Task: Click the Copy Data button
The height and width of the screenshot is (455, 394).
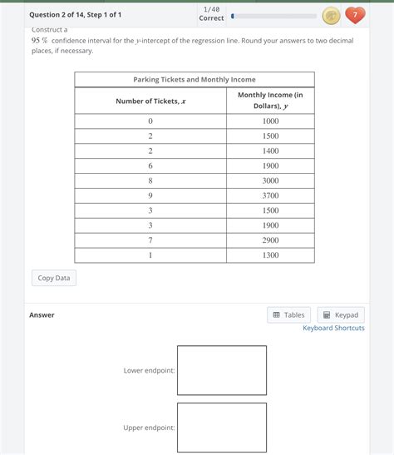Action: point(54,278)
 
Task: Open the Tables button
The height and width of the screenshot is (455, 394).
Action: point(288,315)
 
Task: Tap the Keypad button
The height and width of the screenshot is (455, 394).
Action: point(341,315)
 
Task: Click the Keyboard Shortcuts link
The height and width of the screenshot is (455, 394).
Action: point(333,329)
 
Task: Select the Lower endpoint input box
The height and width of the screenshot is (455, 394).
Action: point(221,370)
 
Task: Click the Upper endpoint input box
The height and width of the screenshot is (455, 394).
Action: point(221,428)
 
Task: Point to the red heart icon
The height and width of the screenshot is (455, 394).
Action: point(355,15)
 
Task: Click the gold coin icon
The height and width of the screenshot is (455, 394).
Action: point(330,15)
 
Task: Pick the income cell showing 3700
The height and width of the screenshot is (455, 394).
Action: point(270,195)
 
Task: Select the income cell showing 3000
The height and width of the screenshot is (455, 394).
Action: point(270,181)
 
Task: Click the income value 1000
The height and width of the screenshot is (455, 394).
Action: point(270,121)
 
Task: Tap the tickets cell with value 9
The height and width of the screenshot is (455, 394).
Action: point(150,195)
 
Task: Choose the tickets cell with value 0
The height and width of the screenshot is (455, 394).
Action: point(150,121)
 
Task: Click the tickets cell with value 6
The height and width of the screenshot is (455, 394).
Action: point(150,166)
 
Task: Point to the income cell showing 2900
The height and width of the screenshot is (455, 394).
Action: point(270,240)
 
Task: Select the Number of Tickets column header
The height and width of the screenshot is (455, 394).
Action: point(150,101)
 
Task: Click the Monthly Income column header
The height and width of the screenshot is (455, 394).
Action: point(270,101)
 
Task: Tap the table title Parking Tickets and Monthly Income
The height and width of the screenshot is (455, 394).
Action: point(194,79)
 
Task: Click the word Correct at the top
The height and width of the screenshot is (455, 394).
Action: point(211,18)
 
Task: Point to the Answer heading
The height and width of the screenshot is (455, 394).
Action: point(42,315)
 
